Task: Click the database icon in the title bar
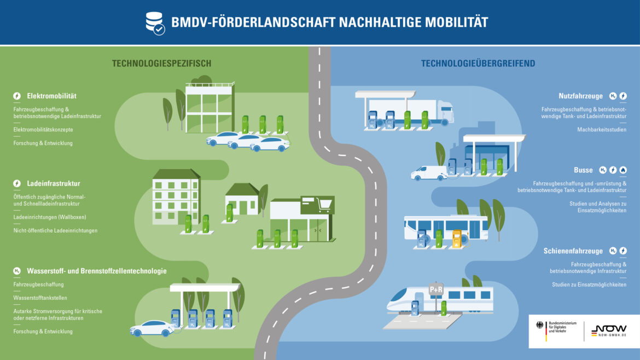coord(155,24)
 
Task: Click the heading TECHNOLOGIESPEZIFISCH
coord(161,63)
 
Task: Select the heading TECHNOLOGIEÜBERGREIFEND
coord(478,63)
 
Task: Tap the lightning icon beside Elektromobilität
coord(17,96)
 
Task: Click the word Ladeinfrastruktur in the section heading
coord(54,184)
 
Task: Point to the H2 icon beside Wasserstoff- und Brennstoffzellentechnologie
coord(17,271)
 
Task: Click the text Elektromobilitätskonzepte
coord(43,130)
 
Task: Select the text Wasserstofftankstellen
coord(40,298)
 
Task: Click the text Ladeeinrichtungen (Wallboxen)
coord(50,217)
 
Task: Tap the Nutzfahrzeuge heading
coord(580,96)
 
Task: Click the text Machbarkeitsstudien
coord(602,130)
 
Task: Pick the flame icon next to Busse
coord(623,170)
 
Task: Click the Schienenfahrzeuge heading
coord(573,251)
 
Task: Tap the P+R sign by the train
coord(436,289)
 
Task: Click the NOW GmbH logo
coord(609,330)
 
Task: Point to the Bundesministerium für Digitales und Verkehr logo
coord(556,330)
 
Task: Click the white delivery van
coord(429,173)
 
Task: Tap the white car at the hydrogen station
coord(152,328)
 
